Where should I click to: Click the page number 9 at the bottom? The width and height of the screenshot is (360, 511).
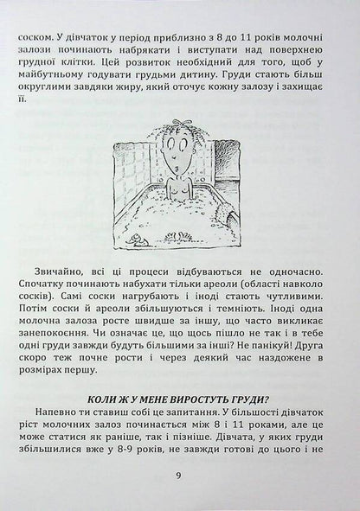pyautogui.click(x=179, y=474)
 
